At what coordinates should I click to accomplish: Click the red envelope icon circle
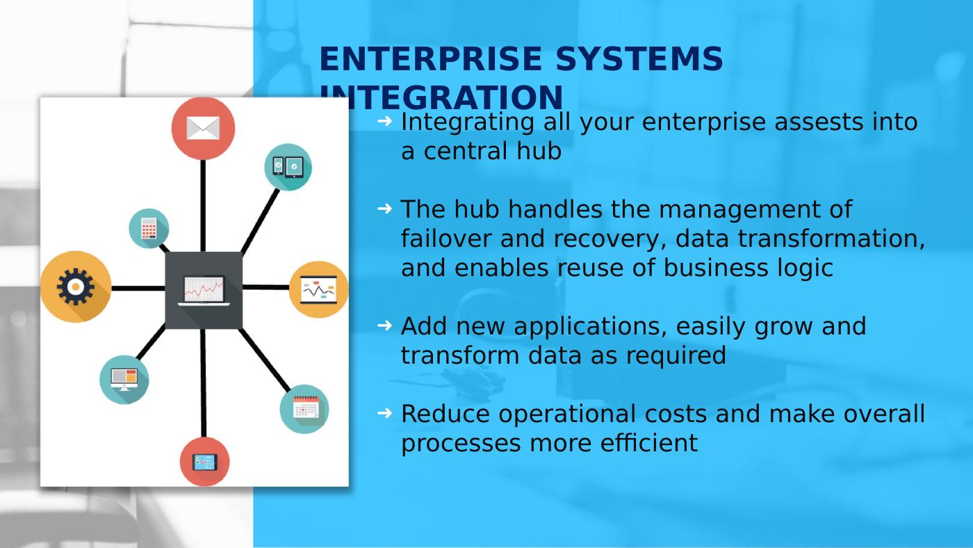203,129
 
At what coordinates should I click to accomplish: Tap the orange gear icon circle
76,287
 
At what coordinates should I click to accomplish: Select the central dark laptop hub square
204,290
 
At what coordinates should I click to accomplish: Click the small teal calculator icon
149,228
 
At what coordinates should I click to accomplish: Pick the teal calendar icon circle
304,410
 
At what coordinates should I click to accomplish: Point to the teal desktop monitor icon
124,380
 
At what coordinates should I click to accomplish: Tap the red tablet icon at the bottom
204,462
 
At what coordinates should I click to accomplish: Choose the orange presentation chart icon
319,289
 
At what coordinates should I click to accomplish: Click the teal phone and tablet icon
288,168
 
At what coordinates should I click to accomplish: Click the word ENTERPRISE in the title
431,58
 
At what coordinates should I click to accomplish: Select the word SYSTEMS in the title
639,58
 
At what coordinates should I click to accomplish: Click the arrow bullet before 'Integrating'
385,121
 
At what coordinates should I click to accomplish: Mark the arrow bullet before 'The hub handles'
385,209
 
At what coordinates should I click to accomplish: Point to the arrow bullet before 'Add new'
385,325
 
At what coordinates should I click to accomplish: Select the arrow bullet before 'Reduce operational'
385,413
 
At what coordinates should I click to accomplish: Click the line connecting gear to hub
138,288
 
